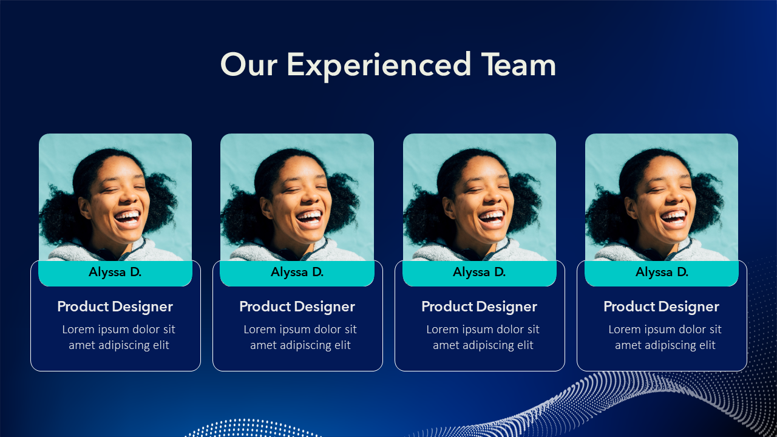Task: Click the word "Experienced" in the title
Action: tap(379, 66)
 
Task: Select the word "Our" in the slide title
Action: tap(249, 64)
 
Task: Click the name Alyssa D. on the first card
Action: tap(115, 273)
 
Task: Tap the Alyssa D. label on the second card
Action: tap(297, 273)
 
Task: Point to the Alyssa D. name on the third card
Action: tap(480, 273)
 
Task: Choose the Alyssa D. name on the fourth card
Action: tap(662, 273)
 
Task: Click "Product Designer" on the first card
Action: tap(115, 307)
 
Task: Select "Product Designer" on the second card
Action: tap(297, 307)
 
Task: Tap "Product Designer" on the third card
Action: tap(480, 307)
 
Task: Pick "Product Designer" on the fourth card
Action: tap(662, 307)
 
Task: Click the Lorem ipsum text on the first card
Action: tap(118, 337)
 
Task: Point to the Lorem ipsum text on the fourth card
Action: tap(665, 337)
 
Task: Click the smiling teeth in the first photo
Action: tap(128, 217)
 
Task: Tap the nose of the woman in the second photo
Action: tap(311, 197)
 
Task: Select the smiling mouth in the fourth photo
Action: tap(674, 218)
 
